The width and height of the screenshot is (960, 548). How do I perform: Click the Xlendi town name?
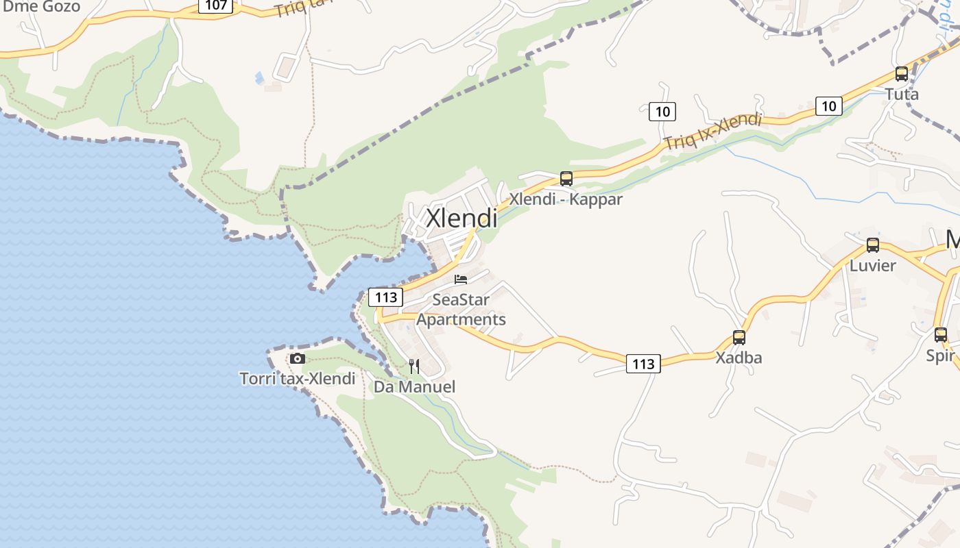point(461,218)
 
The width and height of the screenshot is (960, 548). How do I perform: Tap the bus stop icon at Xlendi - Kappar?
point(566,179)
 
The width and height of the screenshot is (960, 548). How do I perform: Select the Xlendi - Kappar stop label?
point(566,199)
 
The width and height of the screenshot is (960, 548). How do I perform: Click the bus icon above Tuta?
point(902,74)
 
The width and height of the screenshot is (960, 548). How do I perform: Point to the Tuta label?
point(902,94)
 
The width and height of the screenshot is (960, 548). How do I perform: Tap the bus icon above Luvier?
point(873,245)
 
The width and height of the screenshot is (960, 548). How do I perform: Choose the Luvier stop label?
point(872,265)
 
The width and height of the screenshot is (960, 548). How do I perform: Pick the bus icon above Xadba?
point(739,338)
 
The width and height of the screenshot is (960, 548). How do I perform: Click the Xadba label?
point(739,358)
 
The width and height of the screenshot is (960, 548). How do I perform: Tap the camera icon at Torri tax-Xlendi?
point(298,358)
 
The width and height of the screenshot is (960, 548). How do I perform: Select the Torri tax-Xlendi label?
point(298,378)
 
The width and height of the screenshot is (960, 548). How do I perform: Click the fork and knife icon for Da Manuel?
point(414,366)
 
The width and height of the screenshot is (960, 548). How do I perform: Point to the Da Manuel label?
point(414,386)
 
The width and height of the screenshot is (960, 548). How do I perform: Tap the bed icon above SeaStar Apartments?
point(461,279)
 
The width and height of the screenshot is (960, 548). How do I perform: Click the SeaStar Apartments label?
point(461,310)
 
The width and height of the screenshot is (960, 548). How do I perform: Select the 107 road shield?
point(216,5)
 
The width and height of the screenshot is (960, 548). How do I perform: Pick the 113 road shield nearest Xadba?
point(643,364)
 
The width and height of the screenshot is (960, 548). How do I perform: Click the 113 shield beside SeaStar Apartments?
point(386,297)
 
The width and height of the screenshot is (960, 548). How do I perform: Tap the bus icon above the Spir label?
point(941,335)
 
